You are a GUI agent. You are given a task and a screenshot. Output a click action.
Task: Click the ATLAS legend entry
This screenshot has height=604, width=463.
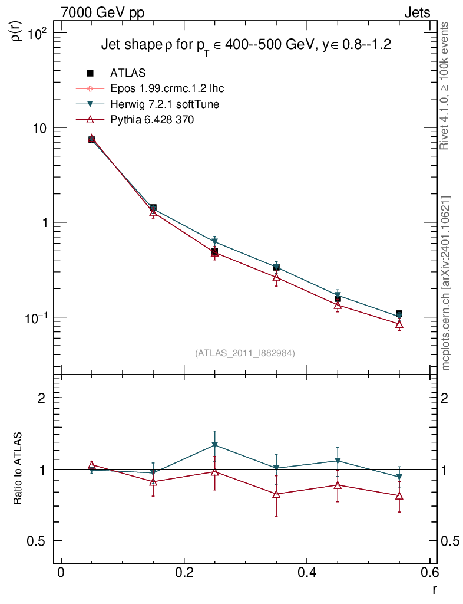point(128,73)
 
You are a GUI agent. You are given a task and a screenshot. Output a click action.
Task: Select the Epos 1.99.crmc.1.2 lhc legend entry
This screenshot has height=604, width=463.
point(167,88)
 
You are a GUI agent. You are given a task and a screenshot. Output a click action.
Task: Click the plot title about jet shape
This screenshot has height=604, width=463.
point(246,45)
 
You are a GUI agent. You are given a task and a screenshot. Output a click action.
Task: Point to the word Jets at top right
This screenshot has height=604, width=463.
point(416,13)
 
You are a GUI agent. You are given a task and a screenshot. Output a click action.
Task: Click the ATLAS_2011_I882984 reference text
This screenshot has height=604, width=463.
point(245,353)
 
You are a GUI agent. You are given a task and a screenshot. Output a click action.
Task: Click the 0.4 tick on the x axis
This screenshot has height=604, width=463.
point(307,573)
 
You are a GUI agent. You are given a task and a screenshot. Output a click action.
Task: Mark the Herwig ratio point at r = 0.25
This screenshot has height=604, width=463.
point(215,445)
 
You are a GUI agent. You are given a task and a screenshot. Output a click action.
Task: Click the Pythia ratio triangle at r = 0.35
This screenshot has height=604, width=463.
point(276,494)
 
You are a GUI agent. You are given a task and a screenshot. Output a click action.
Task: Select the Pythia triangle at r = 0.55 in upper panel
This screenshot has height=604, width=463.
point(399,324)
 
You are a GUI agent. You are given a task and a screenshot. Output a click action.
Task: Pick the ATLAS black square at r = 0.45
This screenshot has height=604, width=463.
point(338,298)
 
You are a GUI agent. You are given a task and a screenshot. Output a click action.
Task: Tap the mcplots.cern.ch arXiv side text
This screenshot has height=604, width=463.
point(446,283)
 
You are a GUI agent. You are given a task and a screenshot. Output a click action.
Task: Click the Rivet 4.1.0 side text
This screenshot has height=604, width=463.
point(446,86)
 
